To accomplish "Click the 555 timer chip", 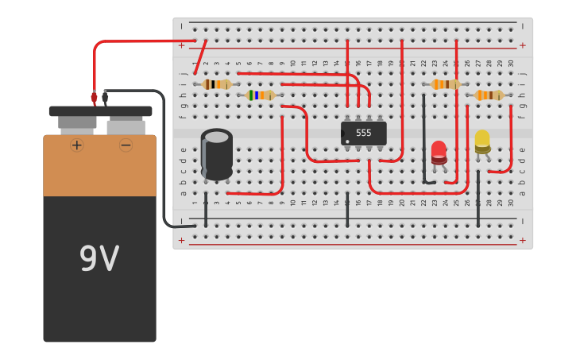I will [363, 133].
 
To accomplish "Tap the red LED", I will [439, 152].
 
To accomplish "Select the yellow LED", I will [482, 141].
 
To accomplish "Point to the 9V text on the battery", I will [99, 258].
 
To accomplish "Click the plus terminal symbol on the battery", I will [77, 145].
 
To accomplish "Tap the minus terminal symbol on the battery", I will [126, 145].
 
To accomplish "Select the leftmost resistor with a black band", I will [216, 84].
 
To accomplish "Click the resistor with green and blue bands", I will [260, 95].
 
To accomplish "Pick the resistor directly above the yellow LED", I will [488, 95].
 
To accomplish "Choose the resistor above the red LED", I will [445, 84].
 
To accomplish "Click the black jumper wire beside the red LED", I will [423, 139].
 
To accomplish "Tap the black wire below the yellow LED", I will [477, 208].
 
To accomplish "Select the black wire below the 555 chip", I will [347, 209].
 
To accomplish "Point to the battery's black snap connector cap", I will [100, 111].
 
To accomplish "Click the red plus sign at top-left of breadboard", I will [181, 45].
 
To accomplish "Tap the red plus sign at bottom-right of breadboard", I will [522, 240].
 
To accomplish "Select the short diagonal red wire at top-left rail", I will [200, 57].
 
